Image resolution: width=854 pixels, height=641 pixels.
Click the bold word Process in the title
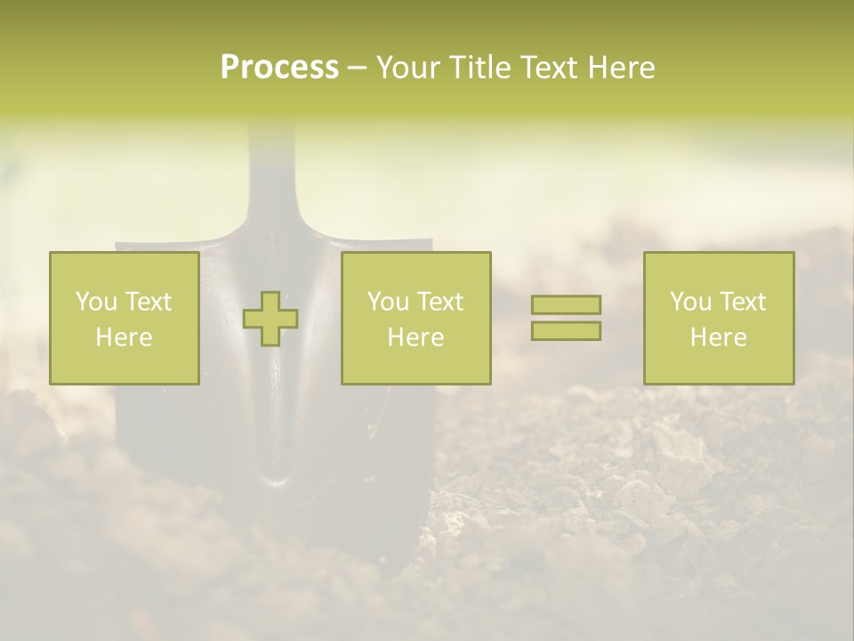(279, 68)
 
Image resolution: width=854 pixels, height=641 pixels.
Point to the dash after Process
(356, 69)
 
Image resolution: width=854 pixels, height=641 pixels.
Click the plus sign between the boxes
(270, 319)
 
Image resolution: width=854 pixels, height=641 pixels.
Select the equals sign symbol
(566, 318)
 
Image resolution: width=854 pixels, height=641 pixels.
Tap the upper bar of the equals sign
(566, 304)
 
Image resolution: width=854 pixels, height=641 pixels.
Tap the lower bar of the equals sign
(566, 331)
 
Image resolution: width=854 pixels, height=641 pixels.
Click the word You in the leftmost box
(96, 302)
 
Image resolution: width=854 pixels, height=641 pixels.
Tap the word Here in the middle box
(415, 337)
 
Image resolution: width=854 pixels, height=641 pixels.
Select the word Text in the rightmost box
(743, 302)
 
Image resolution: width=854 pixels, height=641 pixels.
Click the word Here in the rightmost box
(718, 337)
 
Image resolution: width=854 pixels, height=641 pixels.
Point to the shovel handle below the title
(271, 169)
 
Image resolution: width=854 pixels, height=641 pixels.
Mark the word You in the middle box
(388, 302)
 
